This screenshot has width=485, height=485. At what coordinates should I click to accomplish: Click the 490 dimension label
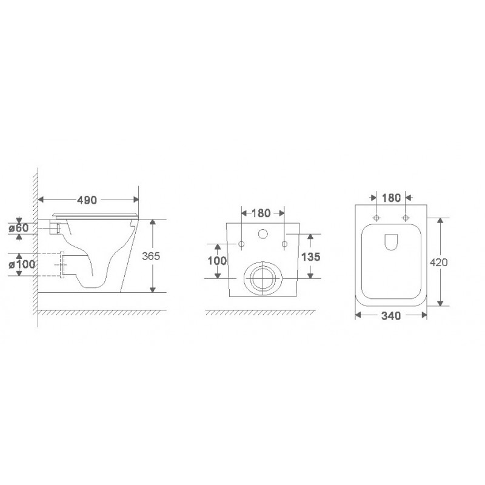click(x=87, y=200)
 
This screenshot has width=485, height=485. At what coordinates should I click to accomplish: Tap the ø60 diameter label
click(x=19, y=228)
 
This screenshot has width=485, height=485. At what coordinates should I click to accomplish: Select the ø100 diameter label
click(x=22, y=264)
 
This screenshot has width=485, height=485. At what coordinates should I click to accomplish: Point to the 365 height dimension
click(x=151, y=256)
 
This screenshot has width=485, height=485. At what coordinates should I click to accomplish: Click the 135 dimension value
click(x=311, y=256)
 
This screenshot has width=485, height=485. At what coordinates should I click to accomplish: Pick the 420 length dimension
click(x=438, y=263)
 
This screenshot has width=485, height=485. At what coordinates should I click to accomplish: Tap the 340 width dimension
click(x=391, y=316)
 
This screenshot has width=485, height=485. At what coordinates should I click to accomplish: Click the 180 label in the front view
click(x=261, y=213)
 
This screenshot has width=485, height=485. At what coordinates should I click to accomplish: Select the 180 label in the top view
click(x=391, y=198)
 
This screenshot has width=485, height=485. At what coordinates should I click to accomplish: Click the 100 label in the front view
click(x=217, y=261)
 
